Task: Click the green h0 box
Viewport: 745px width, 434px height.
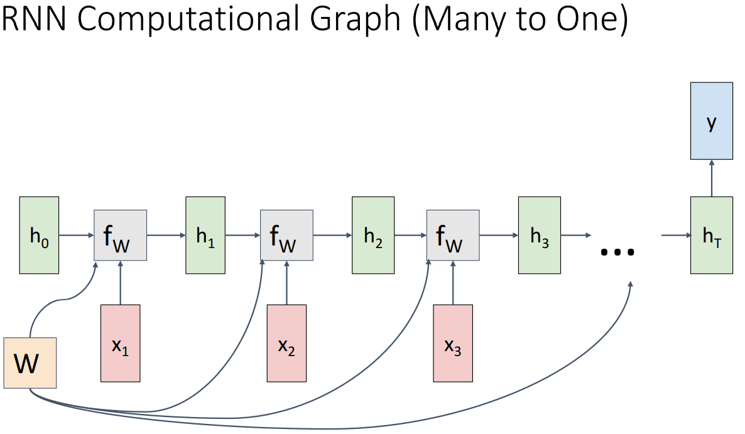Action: click(39, 235)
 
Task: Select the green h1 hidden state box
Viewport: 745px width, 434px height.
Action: click(205, 235)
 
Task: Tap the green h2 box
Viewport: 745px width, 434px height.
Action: click(373, 235)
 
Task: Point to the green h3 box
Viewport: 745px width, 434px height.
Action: click(539, 235)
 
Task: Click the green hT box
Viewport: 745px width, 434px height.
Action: click(711, 235)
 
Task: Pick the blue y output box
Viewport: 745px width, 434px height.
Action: click(711, 120)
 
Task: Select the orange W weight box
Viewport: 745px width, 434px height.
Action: click(30, 362)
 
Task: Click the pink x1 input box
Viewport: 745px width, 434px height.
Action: click(121, 343)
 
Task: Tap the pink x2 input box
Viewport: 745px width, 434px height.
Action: click(286, 343)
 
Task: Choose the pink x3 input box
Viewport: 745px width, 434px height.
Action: click(453, 343)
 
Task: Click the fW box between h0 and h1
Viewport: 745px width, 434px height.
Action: click(120, 235)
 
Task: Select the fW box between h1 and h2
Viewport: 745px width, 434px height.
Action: click(286, 235)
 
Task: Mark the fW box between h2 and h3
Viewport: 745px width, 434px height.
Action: click(453, 235)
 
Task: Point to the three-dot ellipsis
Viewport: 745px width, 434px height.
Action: click(617, 251)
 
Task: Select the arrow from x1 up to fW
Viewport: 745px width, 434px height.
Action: click(121, 283)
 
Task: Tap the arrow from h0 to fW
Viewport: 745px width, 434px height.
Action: click(76, 236)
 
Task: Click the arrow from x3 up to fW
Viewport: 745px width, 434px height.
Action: click(453, 283)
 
